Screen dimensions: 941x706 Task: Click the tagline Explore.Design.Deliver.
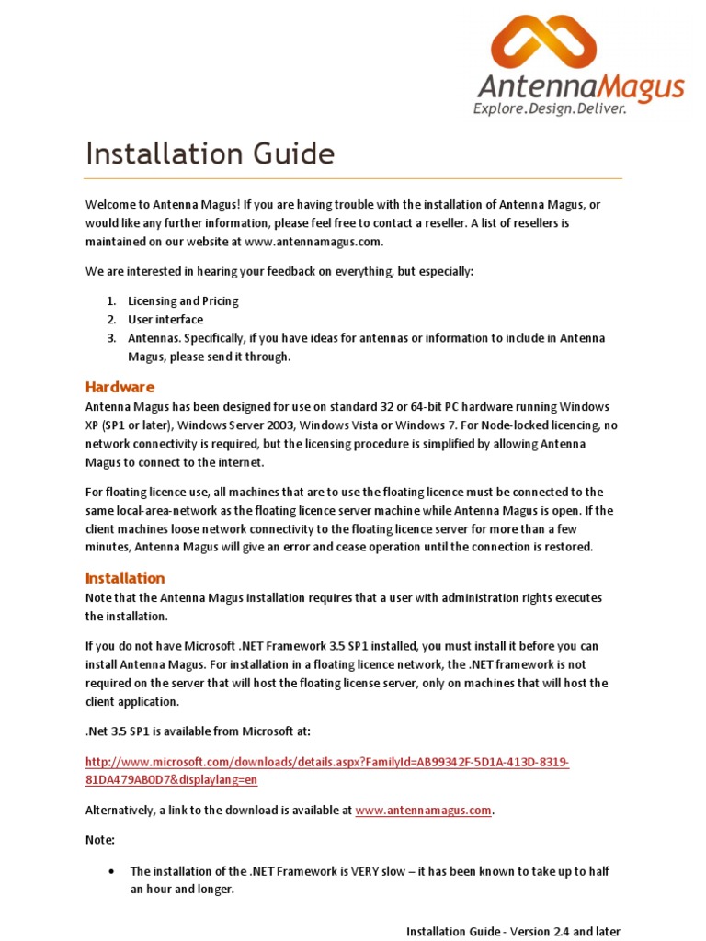tap(550, 109)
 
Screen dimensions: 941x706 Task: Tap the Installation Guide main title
tap(210, 153)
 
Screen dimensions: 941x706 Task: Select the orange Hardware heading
tap(120, 387)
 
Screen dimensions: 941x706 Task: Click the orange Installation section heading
tap(125, 578)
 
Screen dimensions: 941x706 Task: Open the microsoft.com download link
tap(327, 770)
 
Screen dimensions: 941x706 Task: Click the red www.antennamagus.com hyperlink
tap(423, 811)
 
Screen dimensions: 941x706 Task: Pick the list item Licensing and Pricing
tap(183, 300)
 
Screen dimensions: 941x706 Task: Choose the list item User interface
tap(165, 320)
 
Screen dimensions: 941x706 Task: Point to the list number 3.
tap(109, 338)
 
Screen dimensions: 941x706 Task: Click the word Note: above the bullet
tap(100, 840)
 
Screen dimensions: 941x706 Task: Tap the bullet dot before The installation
tap(111, 870)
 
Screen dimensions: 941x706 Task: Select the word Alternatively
tap(120, 811)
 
